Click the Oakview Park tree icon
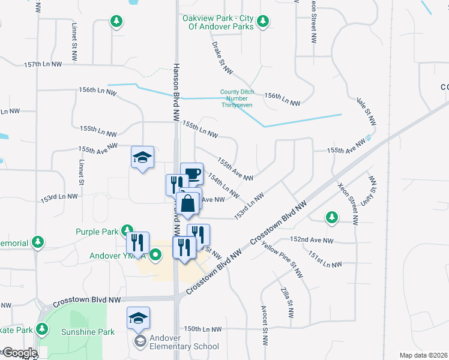pos(262,22)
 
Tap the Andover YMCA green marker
pos(156,256)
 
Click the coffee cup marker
pos(192,174)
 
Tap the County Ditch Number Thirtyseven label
pos(237,98)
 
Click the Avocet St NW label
pos(264,325)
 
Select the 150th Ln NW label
pos(203,329)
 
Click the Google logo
pos(19,353)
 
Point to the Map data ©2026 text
pos(423,355)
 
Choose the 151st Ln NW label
pos(325,260)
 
